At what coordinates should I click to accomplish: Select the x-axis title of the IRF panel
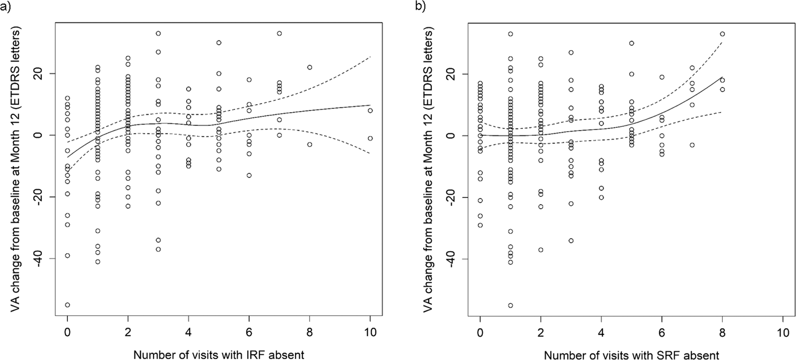click(x=219, y=354)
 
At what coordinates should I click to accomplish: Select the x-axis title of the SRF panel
click(x=632, y=354)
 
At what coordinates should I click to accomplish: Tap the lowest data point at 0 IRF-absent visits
click(x=67, y=305)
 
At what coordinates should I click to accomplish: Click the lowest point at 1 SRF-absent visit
click(x=511, y=305)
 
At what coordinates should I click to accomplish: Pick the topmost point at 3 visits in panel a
click(x=158, y=33)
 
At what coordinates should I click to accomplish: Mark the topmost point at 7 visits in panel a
click(x=279, y=33)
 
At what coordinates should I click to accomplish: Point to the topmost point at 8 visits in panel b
click(x=722, y=34)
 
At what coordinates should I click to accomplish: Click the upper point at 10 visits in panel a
click(x=370, y=110)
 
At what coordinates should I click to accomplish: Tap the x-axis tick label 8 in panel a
click(x=309, y=332)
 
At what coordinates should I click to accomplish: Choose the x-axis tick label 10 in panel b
click(x=783, y=332)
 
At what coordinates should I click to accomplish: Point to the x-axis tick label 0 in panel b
click(x=480, y=332)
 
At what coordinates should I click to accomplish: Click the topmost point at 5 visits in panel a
click(x=219, y=43)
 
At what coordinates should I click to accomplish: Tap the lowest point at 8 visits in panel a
click(x=309, y=144)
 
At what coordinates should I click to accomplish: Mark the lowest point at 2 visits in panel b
click(x=541, y=250)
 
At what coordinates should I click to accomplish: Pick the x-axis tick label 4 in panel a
click(x=188, y=332)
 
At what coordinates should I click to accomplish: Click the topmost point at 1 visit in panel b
click(x=511, y=34)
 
